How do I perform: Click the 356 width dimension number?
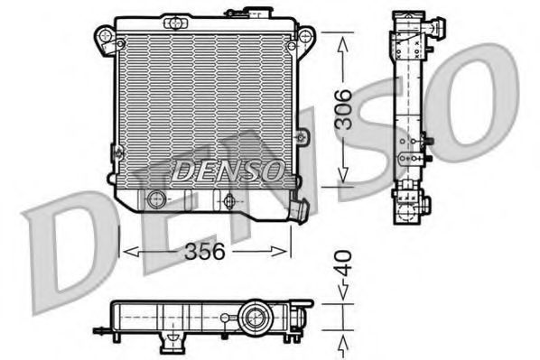pos(205,254)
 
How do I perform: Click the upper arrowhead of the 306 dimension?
pos(344,38)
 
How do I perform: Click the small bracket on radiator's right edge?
pos(303,137)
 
